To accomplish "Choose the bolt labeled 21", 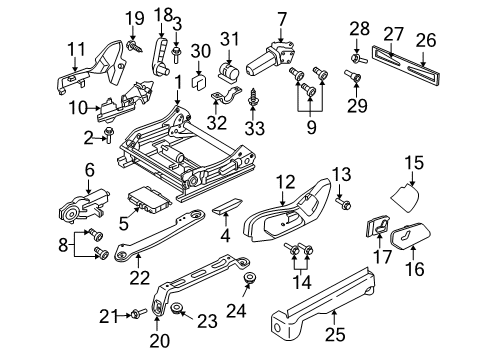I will [132, 317].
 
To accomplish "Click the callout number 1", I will [177, 82].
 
